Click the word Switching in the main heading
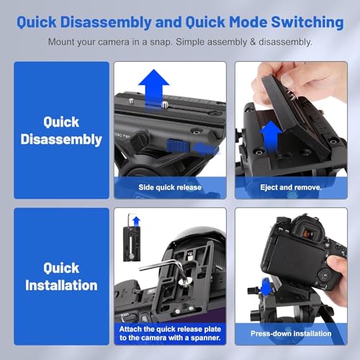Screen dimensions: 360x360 (x=307, y=23)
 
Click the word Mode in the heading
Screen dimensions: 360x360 (x=248, y=22)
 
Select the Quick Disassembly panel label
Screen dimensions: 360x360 (x=61, y=130)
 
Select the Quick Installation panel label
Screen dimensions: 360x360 (x=61, y=276)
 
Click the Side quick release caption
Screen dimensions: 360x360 (x=170, y=187)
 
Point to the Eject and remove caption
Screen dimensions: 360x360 (x=291, y=187)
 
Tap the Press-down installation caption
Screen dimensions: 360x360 (x=291, y=333)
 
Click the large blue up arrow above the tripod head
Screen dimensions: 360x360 (x=154, y=89)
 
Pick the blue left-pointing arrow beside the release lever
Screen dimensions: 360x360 (x=206, y=148)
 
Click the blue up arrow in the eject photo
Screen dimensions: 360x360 (x=271, y=136)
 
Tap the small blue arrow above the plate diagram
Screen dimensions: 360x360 (x=136, y=221)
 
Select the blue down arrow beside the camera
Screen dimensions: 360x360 (x=266, y=287)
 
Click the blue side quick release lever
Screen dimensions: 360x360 (x=178, y=145)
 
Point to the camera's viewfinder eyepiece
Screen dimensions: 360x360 (x=308, y=232)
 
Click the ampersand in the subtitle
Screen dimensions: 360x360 (x=253, y=42)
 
